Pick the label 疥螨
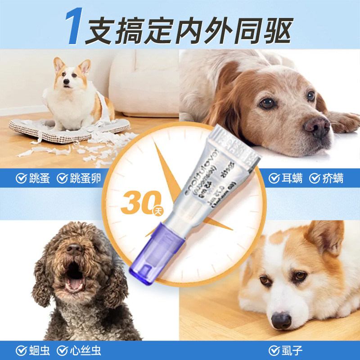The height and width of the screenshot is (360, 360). tap(333, 178)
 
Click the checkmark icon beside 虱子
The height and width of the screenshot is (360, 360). tap(273, 351)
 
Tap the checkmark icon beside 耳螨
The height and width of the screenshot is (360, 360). tap(273, 178)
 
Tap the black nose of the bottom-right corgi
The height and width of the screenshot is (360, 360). tap(282, 321)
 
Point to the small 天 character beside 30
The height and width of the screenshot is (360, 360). tap(157, 210)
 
